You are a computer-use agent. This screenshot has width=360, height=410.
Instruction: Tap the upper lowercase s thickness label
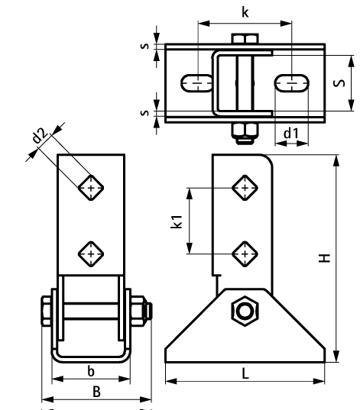click(144, 47)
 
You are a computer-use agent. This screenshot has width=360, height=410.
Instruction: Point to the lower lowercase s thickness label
click(144, 114)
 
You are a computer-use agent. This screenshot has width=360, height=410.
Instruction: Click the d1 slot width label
click(290, 134)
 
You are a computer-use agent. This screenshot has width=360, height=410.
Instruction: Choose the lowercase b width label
click(91, 371)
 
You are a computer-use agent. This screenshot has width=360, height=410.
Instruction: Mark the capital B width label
click(97, 392)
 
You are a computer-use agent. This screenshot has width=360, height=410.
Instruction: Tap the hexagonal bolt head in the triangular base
click(245, 311)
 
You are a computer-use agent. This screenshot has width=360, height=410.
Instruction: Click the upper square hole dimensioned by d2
click(92, 186)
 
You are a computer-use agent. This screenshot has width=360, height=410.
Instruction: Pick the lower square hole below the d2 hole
click(92, 252)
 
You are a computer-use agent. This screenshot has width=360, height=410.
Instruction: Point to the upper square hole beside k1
click(245, 186)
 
